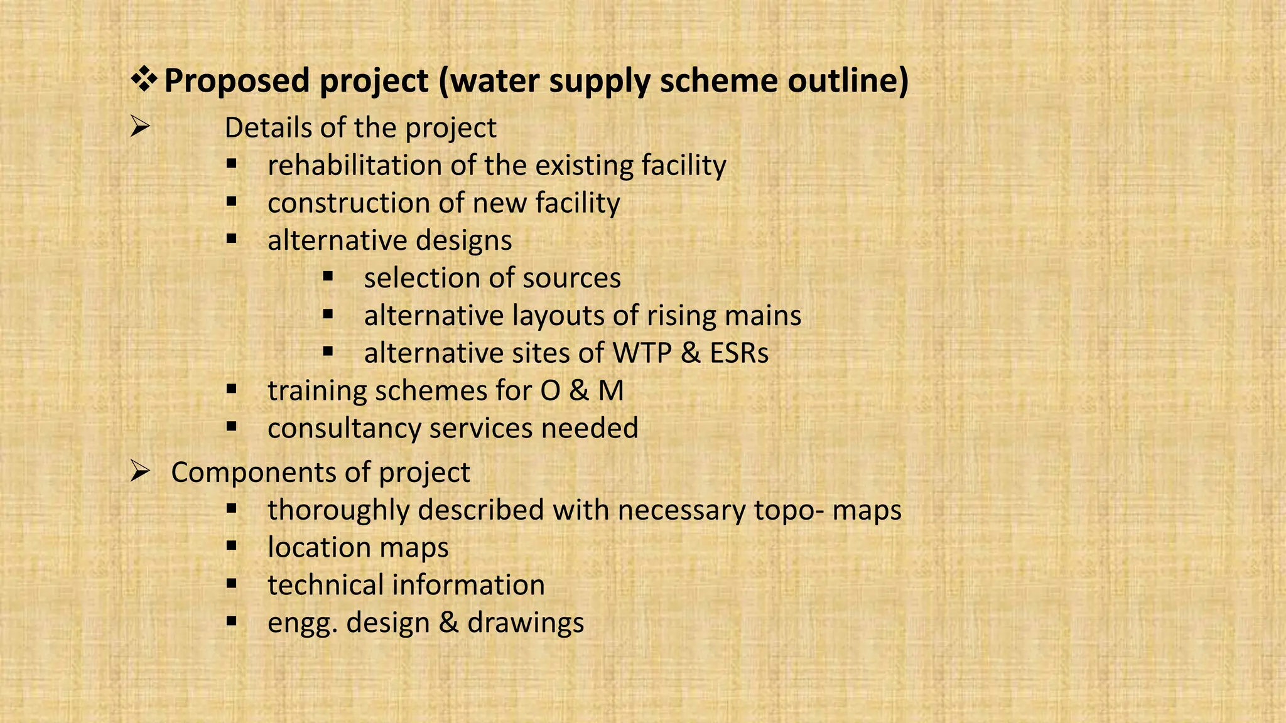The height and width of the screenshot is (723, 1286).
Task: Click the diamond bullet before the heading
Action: coord(144,81)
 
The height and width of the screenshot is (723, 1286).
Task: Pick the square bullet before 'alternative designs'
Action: coord(232,238)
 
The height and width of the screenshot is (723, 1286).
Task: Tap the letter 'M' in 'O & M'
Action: coord(610,391)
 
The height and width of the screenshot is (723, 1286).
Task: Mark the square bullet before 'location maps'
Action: coord(232,545)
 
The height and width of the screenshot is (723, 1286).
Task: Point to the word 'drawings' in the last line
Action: coord(526,623)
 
